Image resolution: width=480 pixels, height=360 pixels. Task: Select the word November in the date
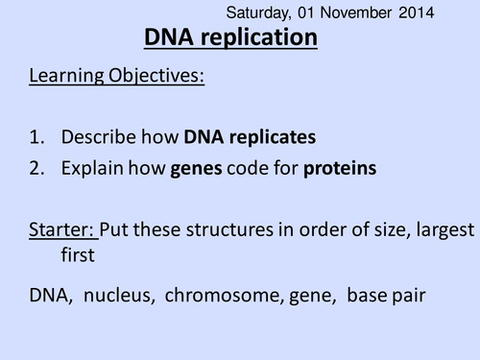pyautogui.click(x=356, y=13)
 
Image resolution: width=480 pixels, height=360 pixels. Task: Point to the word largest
pyautogui.click(x=441, y=230)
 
